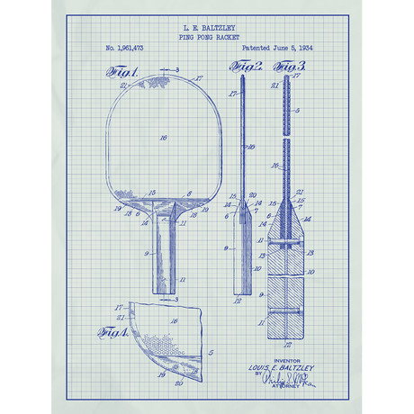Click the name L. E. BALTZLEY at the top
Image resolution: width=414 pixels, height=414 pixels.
206,29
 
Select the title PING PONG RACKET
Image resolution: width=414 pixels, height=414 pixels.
206,38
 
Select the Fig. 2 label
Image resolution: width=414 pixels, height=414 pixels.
245,67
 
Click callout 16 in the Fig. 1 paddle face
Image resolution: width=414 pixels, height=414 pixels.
163,138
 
